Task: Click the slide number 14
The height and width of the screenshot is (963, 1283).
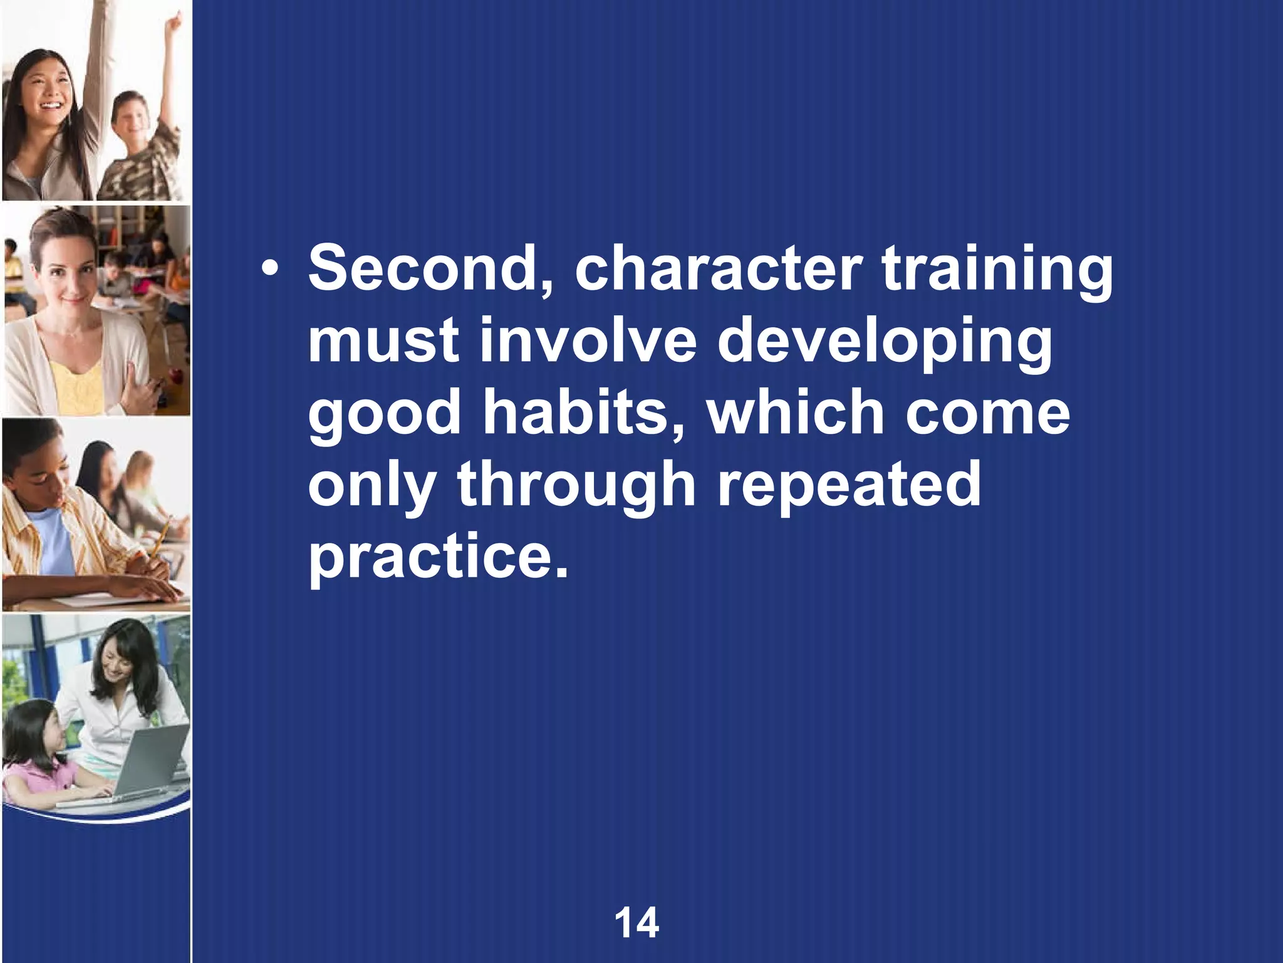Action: coord(636,923)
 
